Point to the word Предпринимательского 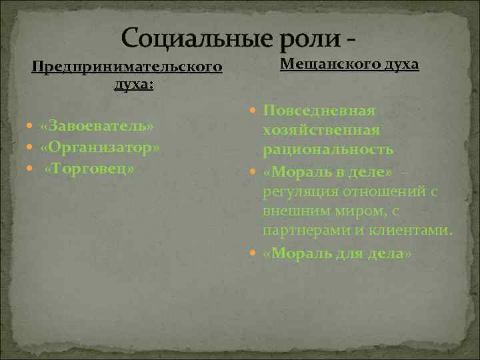click(x=127, y=67)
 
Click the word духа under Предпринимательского click(x=131, y=85)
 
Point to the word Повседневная click(x=319, y=110)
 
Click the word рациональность click(x=327, y=149)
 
